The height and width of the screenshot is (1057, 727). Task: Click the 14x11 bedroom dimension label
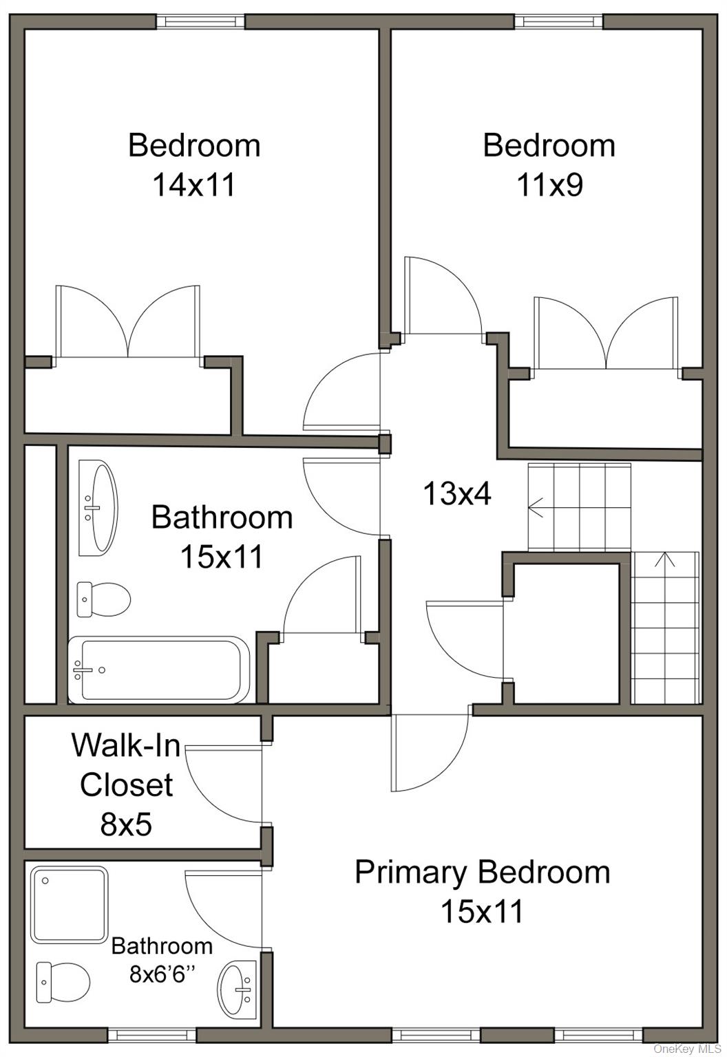coord(193,185)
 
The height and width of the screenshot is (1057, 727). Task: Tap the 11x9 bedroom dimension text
coord(549,185)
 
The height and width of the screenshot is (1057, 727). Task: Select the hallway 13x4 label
coord(456,493)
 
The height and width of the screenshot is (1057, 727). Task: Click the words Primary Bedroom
coord(482,872)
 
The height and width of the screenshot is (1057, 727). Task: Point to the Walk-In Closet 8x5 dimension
coord(126,824)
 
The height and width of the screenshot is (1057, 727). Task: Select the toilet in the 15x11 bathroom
coord(103,598)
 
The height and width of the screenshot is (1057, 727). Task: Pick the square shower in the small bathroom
coord(69,904)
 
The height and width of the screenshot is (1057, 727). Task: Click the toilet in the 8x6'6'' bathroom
coord(63,982)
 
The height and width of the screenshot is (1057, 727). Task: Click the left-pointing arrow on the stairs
coord(536,508)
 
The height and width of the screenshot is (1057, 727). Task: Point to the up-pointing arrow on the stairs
coord(664,559)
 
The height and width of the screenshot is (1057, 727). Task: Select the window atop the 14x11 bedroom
coord(200,21)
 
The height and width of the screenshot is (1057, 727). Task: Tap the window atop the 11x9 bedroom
coord(558,21)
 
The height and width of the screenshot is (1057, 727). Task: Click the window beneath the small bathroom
coord(152,1034)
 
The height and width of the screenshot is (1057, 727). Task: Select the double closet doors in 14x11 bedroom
coord(128,323)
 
